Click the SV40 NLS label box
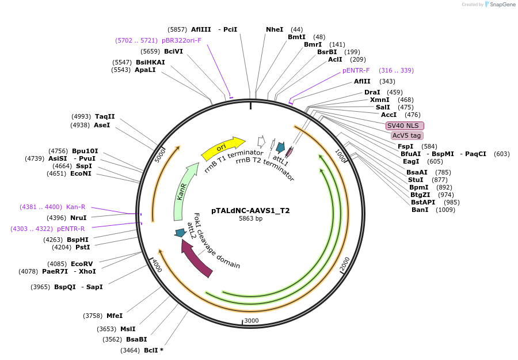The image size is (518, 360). click(405, 126)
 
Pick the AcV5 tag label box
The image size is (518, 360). click(406, 135)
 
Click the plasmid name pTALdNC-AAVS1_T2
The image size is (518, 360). click(250, 211)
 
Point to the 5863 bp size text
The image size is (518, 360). click(250, 219)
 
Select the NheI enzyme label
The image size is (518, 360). click(275, 29)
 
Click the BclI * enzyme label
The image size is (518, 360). click(153, 350)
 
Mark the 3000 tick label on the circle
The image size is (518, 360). click(252, 320)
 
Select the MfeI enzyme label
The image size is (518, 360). click(115, 316)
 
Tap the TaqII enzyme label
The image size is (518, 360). click(105, 116)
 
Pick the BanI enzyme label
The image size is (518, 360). click(420, 210)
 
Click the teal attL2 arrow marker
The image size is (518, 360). click(180, 233)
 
